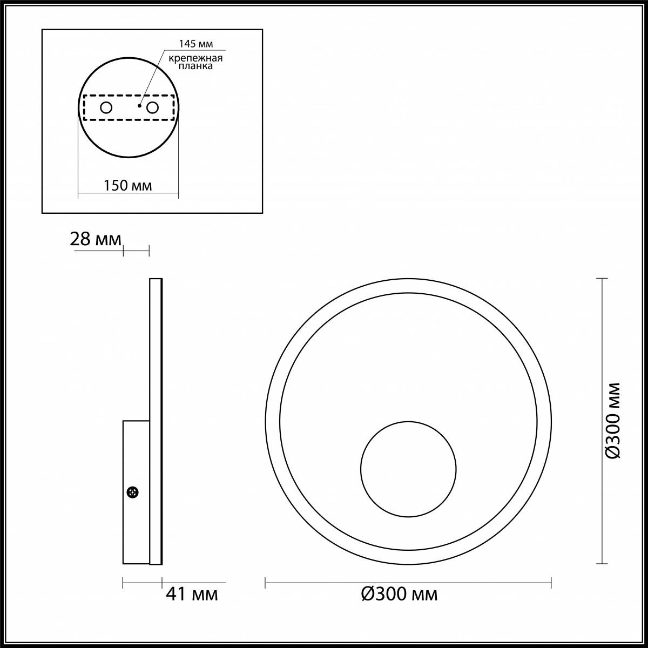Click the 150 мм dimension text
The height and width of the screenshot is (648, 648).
[128, 186]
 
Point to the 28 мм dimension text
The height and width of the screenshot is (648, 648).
[96, 239]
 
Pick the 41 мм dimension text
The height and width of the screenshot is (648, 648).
[192, 595]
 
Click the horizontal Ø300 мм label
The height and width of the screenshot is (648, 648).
[399, 595]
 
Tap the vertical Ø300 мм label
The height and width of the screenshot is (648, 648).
[612, 421]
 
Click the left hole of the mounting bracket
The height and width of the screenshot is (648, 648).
[106, 108]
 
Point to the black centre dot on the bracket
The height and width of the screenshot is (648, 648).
[139, 106]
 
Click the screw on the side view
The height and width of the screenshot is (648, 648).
[132, 492]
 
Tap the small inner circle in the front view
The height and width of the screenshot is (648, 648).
[408, 468]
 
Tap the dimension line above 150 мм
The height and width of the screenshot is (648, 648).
[128, 192]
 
